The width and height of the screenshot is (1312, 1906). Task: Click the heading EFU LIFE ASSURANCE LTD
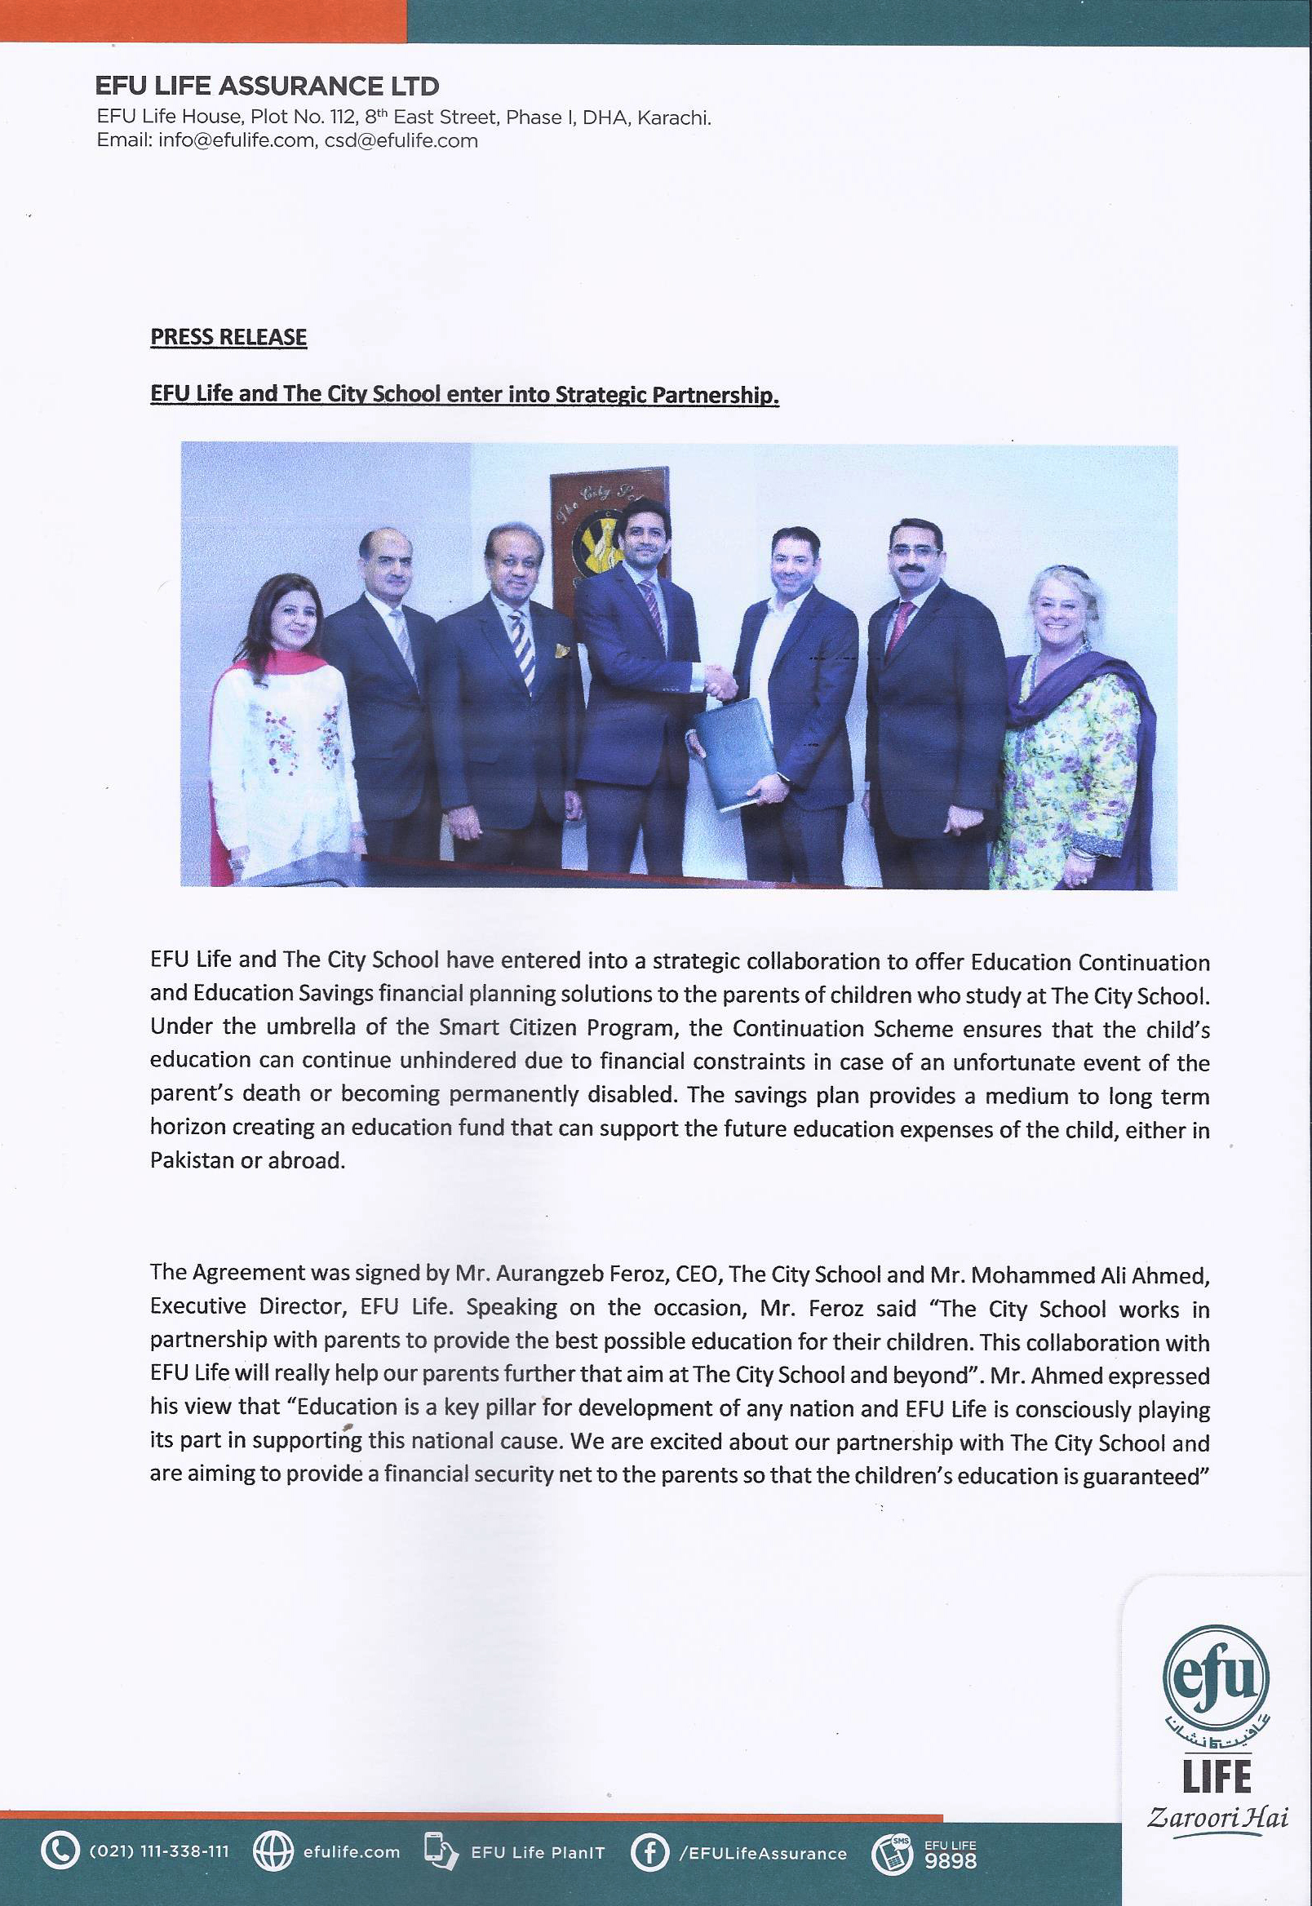coord(267,86)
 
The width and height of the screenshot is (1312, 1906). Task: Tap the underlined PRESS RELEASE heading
coord(228,337)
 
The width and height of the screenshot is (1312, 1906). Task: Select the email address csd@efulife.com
coord(401,140)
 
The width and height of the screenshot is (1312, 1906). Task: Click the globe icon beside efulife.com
coord(273,1851)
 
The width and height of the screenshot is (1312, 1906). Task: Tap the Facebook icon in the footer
coord(649,1852)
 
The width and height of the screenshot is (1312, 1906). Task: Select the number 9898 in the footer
coord(951,1861)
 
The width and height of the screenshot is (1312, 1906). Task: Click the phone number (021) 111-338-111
coord(158,1851)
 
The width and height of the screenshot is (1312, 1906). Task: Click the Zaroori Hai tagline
coord(1217,1815)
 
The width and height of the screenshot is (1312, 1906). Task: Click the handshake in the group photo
coord(720,682)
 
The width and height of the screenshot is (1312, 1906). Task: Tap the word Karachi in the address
coord(674,117)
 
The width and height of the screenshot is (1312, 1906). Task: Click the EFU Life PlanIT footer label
coord(538,1853)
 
